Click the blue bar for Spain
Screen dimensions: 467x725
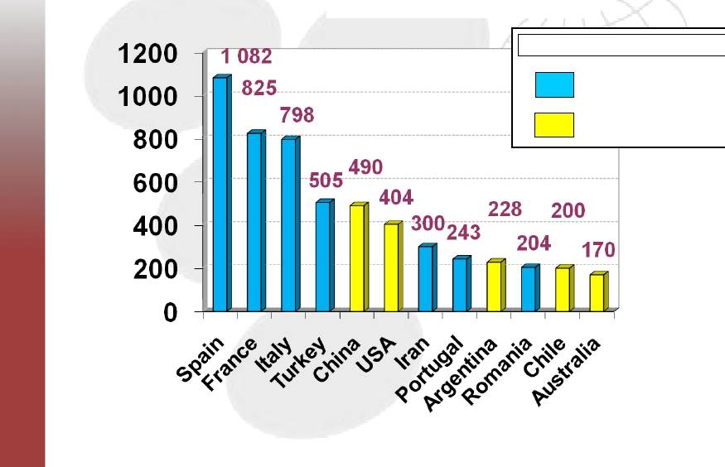[220, 195]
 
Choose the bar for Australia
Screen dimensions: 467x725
[596, 293]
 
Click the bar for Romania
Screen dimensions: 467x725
[528, 289]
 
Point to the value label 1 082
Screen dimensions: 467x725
[246, 57]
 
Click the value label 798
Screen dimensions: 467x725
[297, 115]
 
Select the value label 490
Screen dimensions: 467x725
[365, 166]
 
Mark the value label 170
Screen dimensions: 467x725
[597, 250]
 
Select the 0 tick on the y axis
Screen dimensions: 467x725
[171, 313]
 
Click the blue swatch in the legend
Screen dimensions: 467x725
[554, 84]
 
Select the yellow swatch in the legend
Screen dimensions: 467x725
[554, 125]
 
